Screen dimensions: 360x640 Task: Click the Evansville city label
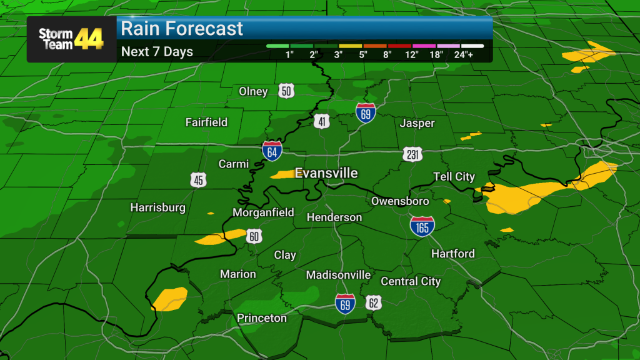click(x=326, y=172)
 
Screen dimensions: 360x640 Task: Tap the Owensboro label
click(x=400, y=201)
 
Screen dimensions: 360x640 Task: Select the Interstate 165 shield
click(x=422, y=226)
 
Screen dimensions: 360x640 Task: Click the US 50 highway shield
click(x=286, y=91)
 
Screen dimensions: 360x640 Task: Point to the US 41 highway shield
click(x=322, y=122)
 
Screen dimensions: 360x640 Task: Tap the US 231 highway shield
click(x=412, y=154)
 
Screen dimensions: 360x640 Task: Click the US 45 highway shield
click(x=198, y=180)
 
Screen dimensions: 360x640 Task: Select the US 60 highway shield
click(x=253, y=235)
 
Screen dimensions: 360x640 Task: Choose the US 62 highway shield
click(x=373, y=302)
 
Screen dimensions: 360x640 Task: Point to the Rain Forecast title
click(x=182, y=29)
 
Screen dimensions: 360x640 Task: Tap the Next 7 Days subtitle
click(x=157, y=52)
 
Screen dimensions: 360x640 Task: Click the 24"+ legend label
click(x=472, y=54)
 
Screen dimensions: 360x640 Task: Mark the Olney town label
click(x=253, y=91)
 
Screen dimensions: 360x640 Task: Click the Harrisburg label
click(x=157, y=207)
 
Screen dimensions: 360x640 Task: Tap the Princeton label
click(x=262, y=318)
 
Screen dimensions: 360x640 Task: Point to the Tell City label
click(x=454, y=177)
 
